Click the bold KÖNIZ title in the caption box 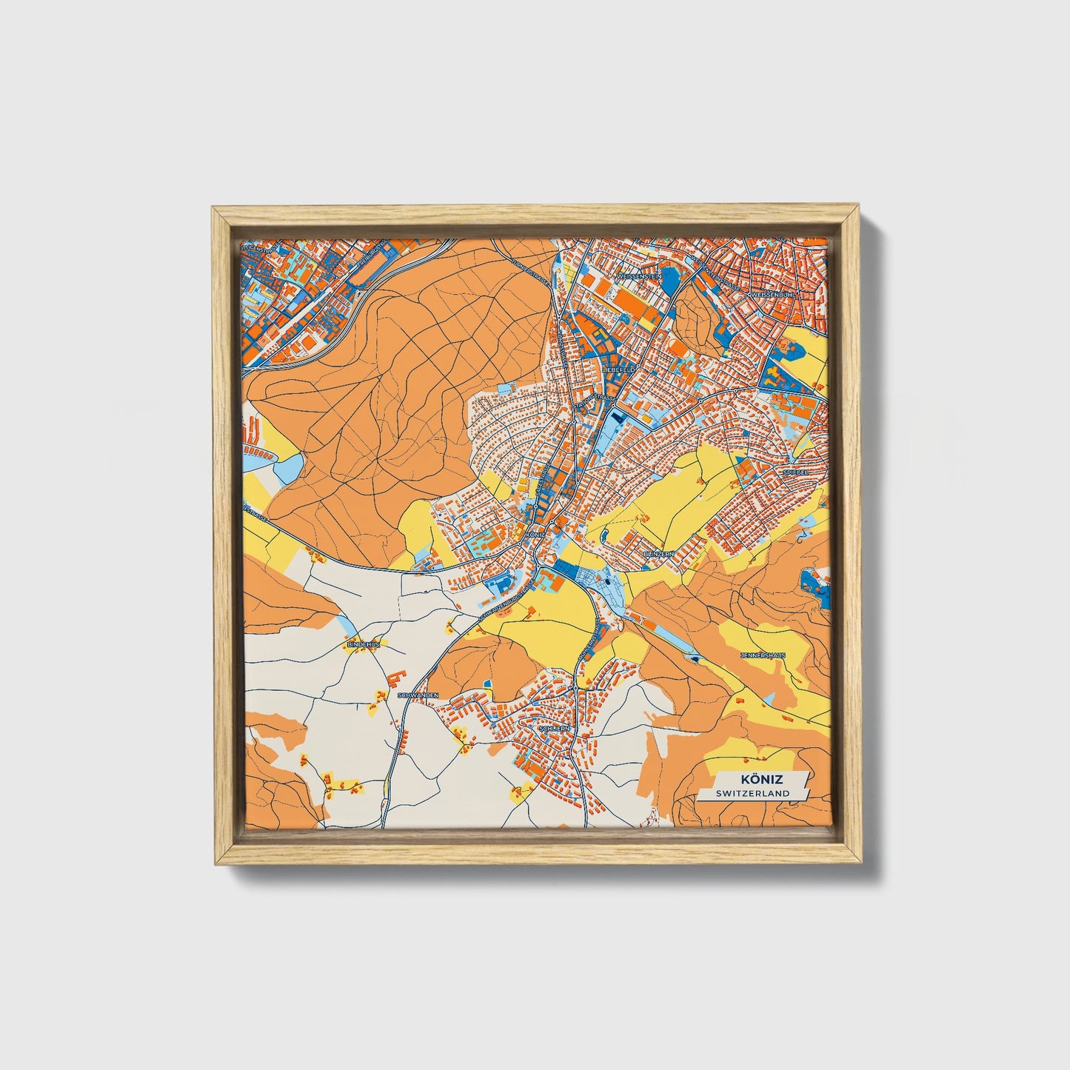point(759,780)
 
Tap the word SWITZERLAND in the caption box point(752,793)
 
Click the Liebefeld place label point(619,368)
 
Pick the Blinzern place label point(658,553)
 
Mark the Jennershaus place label point(763,655)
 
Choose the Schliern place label point(555,729)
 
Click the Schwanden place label point(418,696)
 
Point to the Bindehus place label point(363,645)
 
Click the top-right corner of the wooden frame point(861,207)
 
